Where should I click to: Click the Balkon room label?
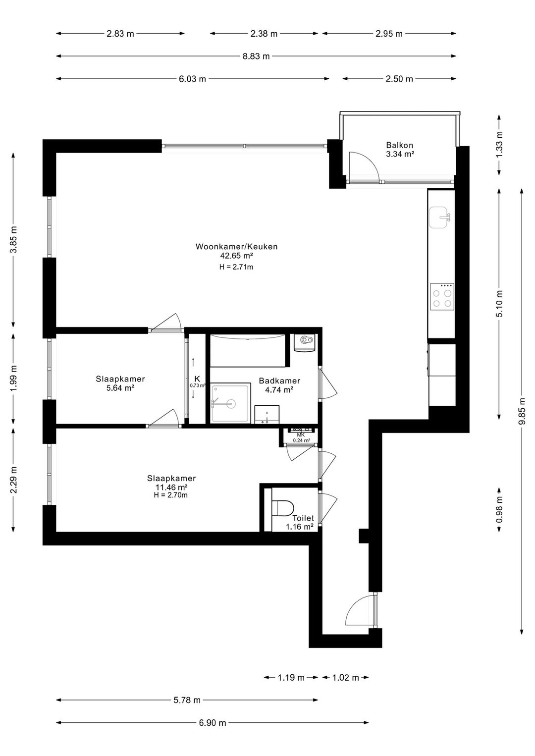[x=399, y=146]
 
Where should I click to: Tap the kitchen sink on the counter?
[x=441, y=217]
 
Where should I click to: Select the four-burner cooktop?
[x=442, y=297]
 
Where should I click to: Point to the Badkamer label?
[x=279, y=381]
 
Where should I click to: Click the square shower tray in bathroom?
[x=230, y=403]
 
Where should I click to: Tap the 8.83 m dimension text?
[x=256, y=56]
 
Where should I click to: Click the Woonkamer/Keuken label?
[x=236, y=247]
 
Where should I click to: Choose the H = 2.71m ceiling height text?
[x=236, y=267]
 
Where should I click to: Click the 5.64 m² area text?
[x=120, y=388]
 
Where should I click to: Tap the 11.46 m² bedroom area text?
[x=171, y=487]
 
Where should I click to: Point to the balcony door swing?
[x=364, y=166]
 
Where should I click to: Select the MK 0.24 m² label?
[x=301, y=437]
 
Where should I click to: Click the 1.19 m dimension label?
[x=291, y=678]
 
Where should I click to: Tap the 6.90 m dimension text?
[x=213, y=723]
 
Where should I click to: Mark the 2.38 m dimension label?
[x=264, y=34]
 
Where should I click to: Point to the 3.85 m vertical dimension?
[x=14, y=240]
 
